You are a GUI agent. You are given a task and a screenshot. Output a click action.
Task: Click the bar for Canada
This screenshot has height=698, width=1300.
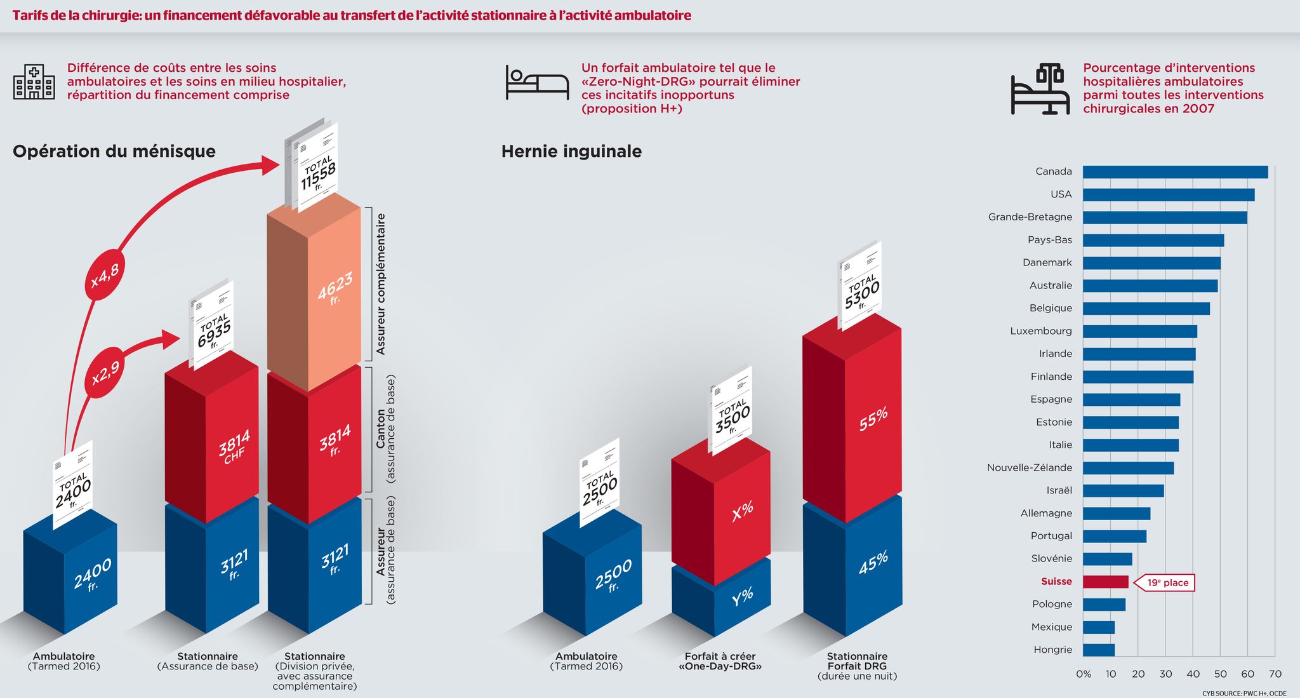[x=1176, y=172]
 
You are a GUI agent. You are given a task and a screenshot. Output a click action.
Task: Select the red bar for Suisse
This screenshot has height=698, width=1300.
[x=1106, y=582]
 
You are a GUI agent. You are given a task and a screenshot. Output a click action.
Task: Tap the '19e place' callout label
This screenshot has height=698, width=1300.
[x=1164, y=583]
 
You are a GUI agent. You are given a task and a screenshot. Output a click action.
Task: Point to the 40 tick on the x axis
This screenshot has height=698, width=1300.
[x=1193, y=674]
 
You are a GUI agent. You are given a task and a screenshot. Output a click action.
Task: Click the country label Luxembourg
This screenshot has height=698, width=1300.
[x=1041, y=331]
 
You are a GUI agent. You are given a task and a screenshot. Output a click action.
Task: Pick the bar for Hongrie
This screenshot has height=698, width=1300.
[x=1099, y=650]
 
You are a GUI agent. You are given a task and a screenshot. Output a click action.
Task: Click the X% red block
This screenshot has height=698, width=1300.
[x=721, y=508]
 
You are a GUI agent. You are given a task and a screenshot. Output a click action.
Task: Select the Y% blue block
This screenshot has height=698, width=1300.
[x=721, y=597]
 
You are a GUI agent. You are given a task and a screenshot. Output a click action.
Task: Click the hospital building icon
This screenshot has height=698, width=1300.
[x=34, y=82]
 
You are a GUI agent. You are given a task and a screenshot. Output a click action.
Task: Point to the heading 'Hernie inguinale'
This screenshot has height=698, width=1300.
[x=571, y=151]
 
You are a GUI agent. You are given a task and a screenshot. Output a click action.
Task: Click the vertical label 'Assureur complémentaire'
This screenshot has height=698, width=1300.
[x=381, y=284]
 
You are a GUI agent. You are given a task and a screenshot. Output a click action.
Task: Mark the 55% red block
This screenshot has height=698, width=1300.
[x=852, y=416]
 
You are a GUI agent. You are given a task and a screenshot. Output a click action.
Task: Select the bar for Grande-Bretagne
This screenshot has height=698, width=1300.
[x=1165, y=218]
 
